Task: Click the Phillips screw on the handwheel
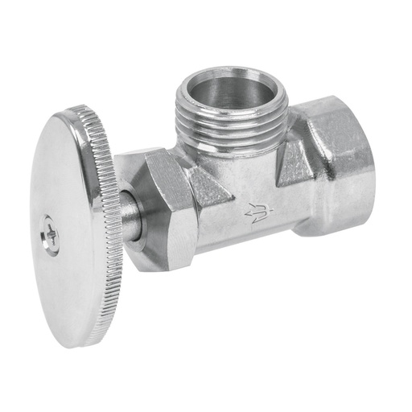pos(51,237)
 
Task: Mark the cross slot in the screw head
pos(51,237)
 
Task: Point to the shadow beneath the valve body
pos(266,266)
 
